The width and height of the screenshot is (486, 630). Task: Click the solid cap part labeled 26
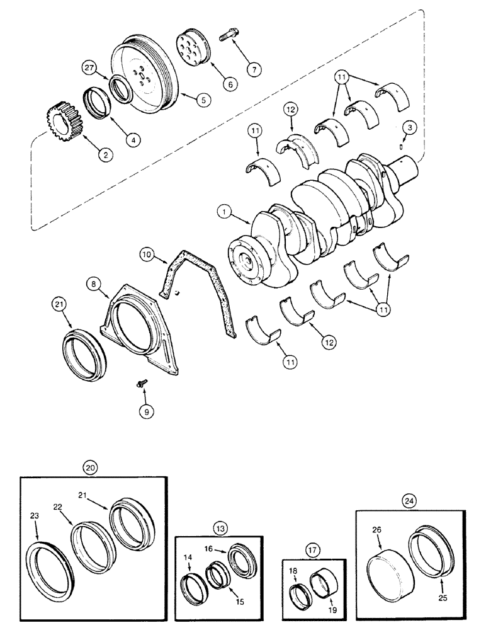[387, 566]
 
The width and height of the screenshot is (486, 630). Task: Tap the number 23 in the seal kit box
[35, 515]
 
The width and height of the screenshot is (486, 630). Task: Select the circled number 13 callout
[219, 527]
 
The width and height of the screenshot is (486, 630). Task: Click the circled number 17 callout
[313, 549]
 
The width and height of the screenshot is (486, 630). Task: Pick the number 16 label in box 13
[208, 549]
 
